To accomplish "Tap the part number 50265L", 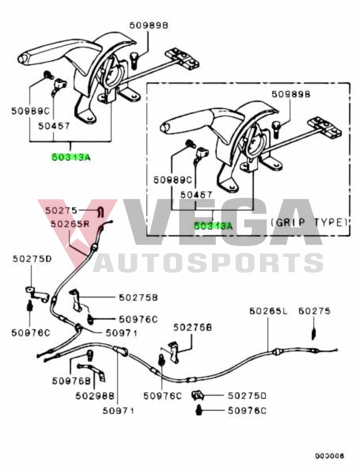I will click(x=268, y=311).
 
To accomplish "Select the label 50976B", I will click(x=70, y=380).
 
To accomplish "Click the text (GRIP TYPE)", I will click(x=309, y=223).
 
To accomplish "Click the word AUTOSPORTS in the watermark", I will click(x=209, y=263).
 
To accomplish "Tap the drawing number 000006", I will click(x=330, y=456).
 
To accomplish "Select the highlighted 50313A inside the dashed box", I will click(x=213, y=226).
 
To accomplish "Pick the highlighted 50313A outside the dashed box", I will click(x=71, y=157).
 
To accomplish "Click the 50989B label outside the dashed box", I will click(x=149, y=26).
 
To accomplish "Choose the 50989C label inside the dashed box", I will click(x=172, y=180).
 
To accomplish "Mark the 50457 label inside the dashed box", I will click(x=196, y=195).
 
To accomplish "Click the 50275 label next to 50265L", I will click(x=314, y=311).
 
